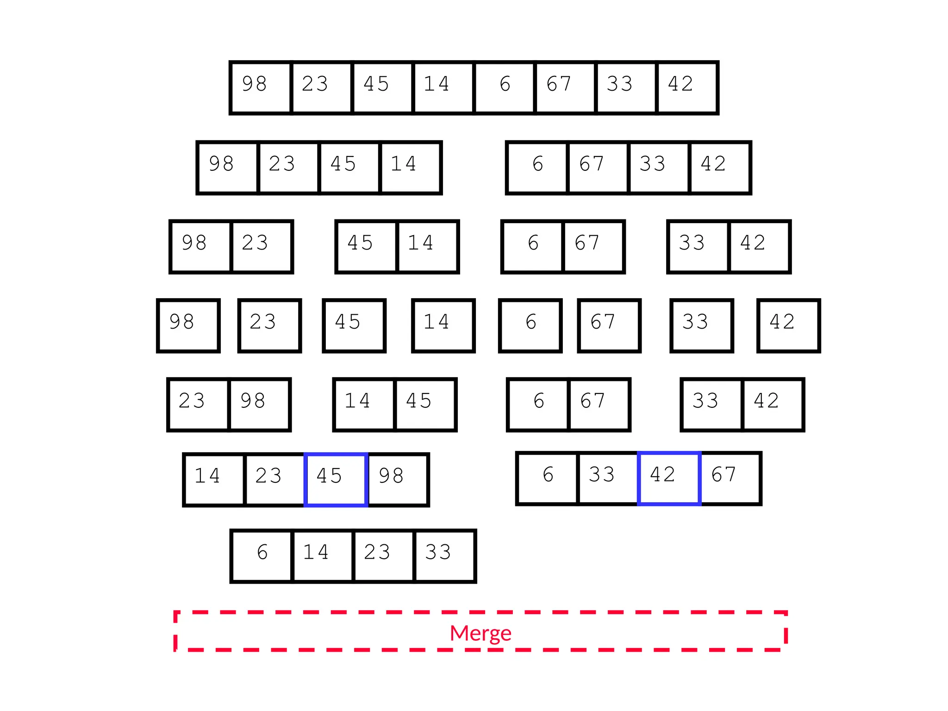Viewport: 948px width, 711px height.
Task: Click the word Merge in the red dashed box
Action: coord(480,633)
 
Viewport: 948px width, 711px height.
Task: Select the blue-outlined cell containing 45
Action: coord(336,480)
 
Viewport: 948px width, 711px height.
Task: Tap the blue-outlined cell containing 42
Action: coord(669,478)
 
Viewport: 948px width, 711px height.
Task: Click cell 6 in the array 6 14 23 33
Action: coord(262,556)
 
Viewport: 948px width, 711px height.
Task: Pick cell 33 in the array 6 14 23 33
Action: coord(444,556)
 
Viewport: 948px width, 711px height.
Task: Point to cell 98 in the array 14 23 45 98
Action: coord(398,480)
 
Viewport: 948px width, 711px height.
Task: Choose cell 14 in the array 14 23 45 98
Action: coord(214,480)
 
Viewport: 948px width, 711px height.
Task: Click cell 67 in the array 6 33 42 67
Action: coord(730,478)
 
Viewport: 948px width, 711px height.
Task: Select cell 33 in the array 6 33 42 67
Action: coord(608,478)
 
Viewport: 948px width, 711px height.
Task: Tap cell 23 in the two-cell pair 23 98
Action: coord(199,405)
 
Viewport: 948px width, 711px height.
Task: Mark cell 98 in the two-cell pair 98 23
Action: coord(201,247)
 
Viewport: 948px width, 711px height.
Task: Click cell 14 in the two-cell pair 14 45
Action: coord(364,405)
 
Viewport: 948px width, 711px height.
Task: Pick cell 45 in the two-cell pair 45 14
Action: coord(367,247)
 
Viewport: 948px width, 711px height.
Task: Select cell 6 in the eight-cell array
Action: coord(505,87)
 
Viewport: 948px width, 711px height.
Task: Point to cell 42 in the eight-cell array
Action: coord(687,87)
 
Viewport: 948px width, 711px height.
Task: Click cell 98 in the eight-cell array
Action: coord(261,87)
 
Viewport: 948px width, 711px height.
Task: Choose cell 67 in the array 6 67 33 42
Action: coord(598,168)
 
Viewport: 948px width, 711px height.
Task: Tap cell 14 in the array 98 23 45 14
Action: coord(410,168)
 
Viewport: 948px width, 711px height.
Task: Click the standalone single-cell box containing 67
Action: coord(609,325)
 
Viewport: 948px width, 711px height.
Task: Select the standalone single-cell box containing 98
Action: coord(188,325)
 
